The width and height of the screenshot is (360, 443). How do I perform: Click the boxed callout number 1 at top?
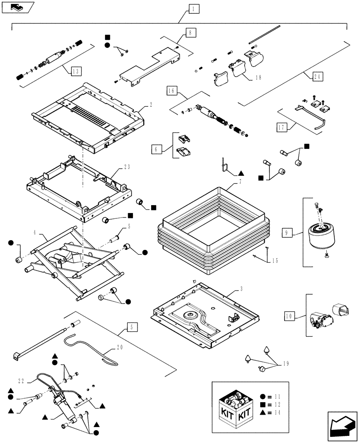[192, 8]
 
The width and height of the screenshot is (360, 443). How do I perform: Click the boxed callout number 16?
[172, 91]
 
